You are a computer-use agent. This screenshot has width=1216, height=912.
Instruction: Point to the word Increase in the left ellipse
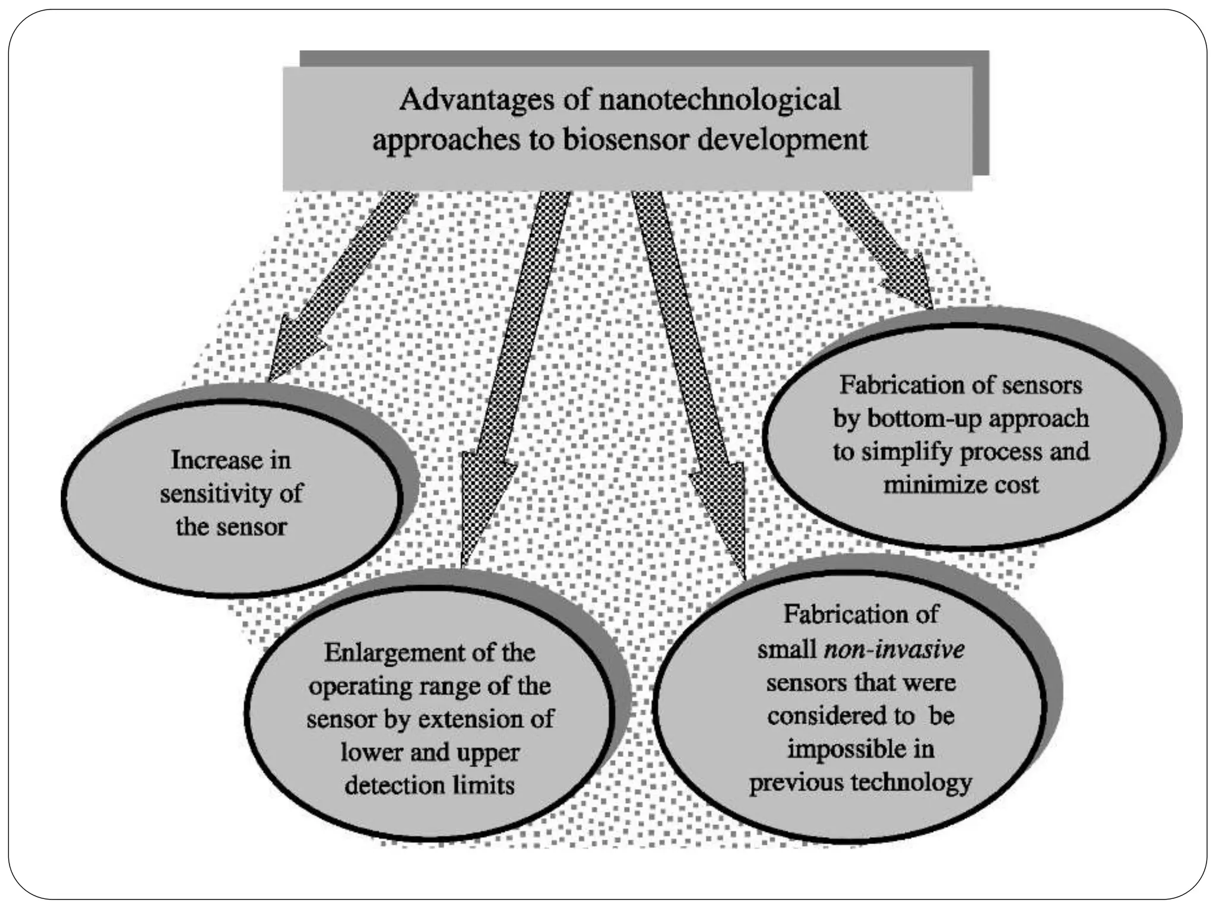click(x=216, y=460)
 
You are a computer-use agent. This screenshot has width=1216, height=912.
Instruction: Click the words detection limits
click(x=429, y=786)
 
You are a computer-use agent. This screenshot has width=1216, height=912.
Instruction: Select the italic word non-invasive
click(x=894, y=649)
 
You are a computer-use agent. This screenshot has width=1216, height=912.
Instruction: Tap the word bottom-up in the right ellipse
click(x=926, y=419)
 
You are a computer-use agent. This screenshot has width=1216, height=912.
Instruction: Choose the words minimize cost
click(x=961, y=485)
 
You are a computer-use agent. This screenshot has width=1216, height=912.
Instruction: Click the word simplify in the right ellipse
click(x=908, y=452)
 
